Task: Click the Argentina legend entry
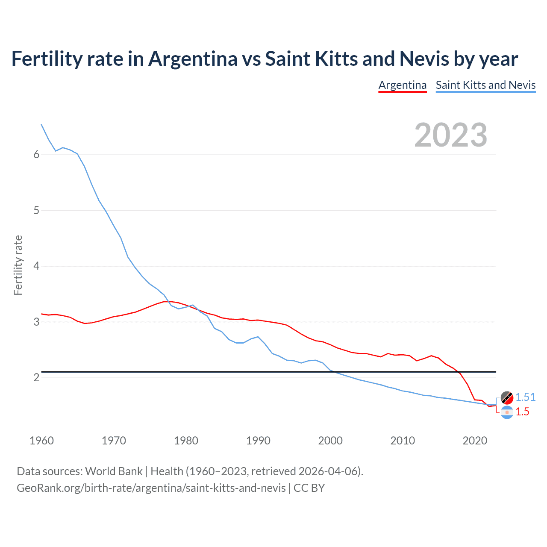click(403, 85)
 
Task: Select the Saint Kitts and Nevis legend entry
click(485, 85)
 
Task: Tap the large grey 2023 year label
click(451, 135)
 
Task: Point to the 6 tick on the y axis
click(36, 155)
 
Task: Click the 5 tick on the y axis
click(36, 210)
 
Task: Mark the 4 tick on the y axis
click(36, 266)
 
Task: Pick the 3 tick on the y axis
click(36, 322)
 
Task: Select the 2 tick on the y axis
click(36, 378)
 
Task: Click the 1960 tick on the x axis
click(41, 441)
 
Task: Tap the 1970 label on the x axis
click(114, 441)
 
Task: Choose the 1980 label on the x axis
click(186, 441)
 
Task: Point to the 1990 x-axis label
click(258, 441)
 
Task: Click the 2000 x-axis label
click(330, 441)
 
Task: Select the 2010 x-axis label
click(403, 441)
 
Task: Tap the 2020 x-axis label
click(475, 441)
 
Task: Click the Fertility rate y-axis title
click(18, 265)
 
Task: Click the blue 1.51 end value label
click(525, 397)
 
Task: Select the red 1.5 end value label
click(522, 412)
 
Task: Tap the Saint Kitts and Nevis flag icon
click(507, 397)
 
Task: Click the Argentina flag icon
click(507, 412)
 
